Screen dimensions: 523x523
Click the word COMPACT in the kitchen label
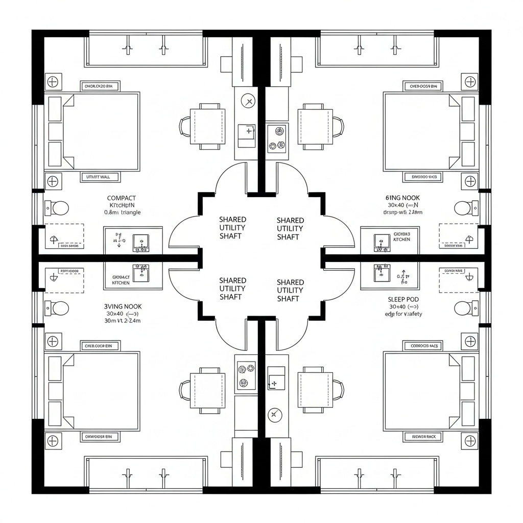point(122,198)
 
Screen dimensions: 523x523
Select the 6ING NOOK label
point(401,197)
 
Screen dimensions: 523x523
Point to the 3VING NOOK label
point(123,306)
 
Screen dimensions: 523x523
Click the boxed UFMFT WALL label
point(100,177)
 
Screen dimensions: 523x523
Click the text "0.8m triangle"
point(122,212)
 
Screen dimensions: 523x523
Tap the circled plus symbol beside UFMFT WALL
point(53,181)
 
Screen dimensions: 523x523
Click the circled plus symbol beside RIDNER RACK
point(469,440)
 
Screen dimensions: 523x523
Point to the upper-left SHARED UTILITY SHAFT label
point(232,227)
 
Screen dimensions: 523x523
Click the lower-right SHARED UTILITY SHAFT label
point(290,290)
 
